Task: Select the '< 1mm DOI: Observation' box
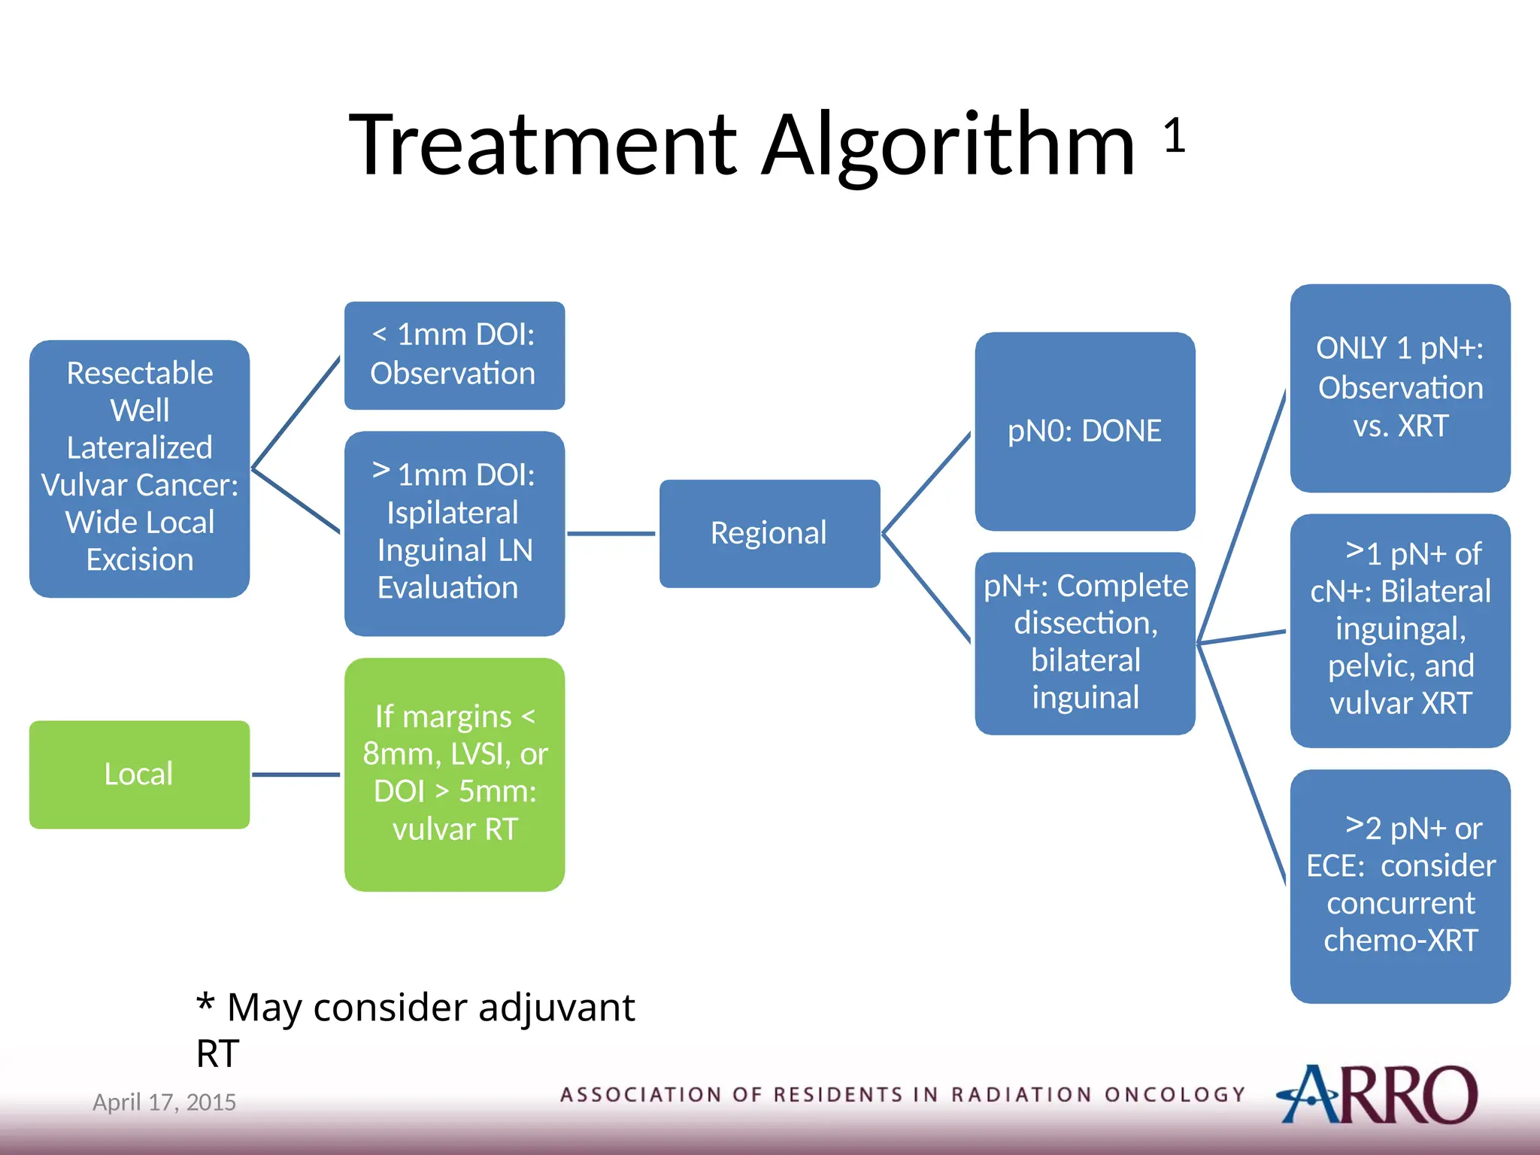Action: [454, 355]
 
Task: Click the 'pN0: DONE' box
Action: [1084, 431]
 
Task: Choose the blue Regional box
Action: [769, 533]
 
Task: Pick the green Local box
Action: [139, 775]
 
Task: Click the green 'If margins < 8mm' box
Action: [454, 774]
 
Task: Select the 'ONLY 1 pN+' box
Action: [1399, 388]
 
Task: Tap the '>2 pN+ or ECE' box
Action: [1399, 885]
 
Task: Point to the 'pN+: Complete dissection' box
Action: [1084, 643]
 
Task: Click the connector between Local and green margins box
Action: [296, 775]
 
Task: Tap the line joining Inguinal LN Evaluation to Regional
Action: [611, 534]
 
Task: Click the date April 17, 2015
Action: [164, 1102]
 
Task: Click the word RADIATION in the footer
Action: [1020, 1095]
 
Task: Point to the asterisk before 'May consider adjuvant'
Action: [205, 1002]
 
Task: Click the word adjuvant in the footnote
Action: [556, 1008]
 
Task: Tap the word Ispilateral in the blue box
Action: [452, 514]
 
